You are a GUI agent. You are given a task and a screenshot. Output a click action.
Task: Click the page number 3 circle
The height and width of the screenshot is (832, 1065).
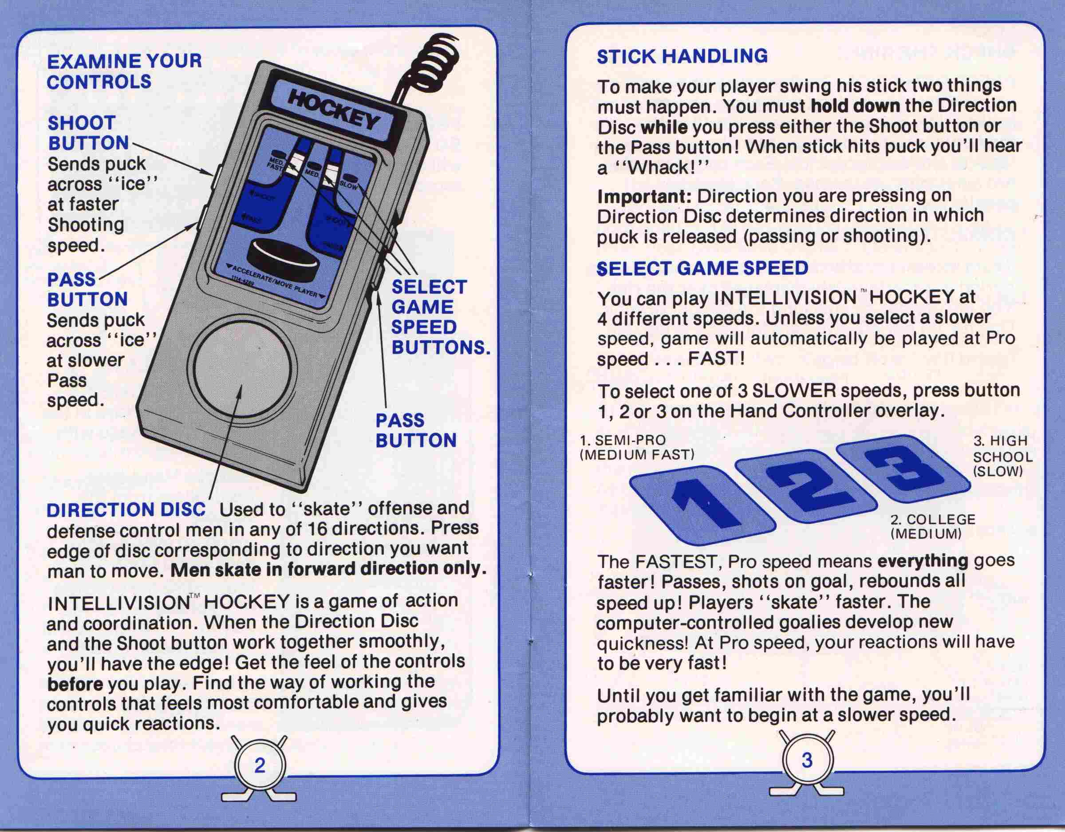pyautogui.click(x=807, y=760)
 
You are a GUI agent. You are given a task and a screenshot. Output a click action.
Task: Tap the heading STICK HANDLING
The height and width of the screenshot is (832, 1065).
pyautogui.click(x=682, y=56)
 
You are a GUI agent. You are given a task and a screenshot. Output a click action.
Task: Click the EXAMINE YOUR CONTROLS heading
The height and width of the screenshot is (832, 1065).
pyautogui.click(x=124, y=71)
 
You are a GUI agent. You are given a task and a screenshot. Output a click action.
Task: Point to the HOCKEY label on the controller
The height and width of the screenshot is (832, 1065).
pyautogui.click(x=334, y=110)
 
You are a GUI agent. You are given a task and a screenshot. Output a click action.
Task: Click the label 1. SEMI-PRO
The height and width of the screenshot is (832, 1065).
pyautogui.click(x=623, y=440)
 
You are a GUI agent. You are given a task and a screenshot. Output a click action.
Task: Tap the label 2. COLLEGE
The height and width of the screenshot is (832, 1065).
pyautogui.click(x=933, y=520)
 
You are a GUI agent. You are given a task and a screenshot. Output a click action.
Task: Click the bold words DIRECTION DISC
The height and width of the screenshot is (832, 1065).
pyautogui.click(x=126, y=510)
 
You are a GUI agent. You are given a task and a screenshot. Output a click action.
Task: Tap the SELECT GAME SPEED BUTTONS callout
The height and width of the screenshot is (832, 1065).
pyautogui.click(x=440, y=317)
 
